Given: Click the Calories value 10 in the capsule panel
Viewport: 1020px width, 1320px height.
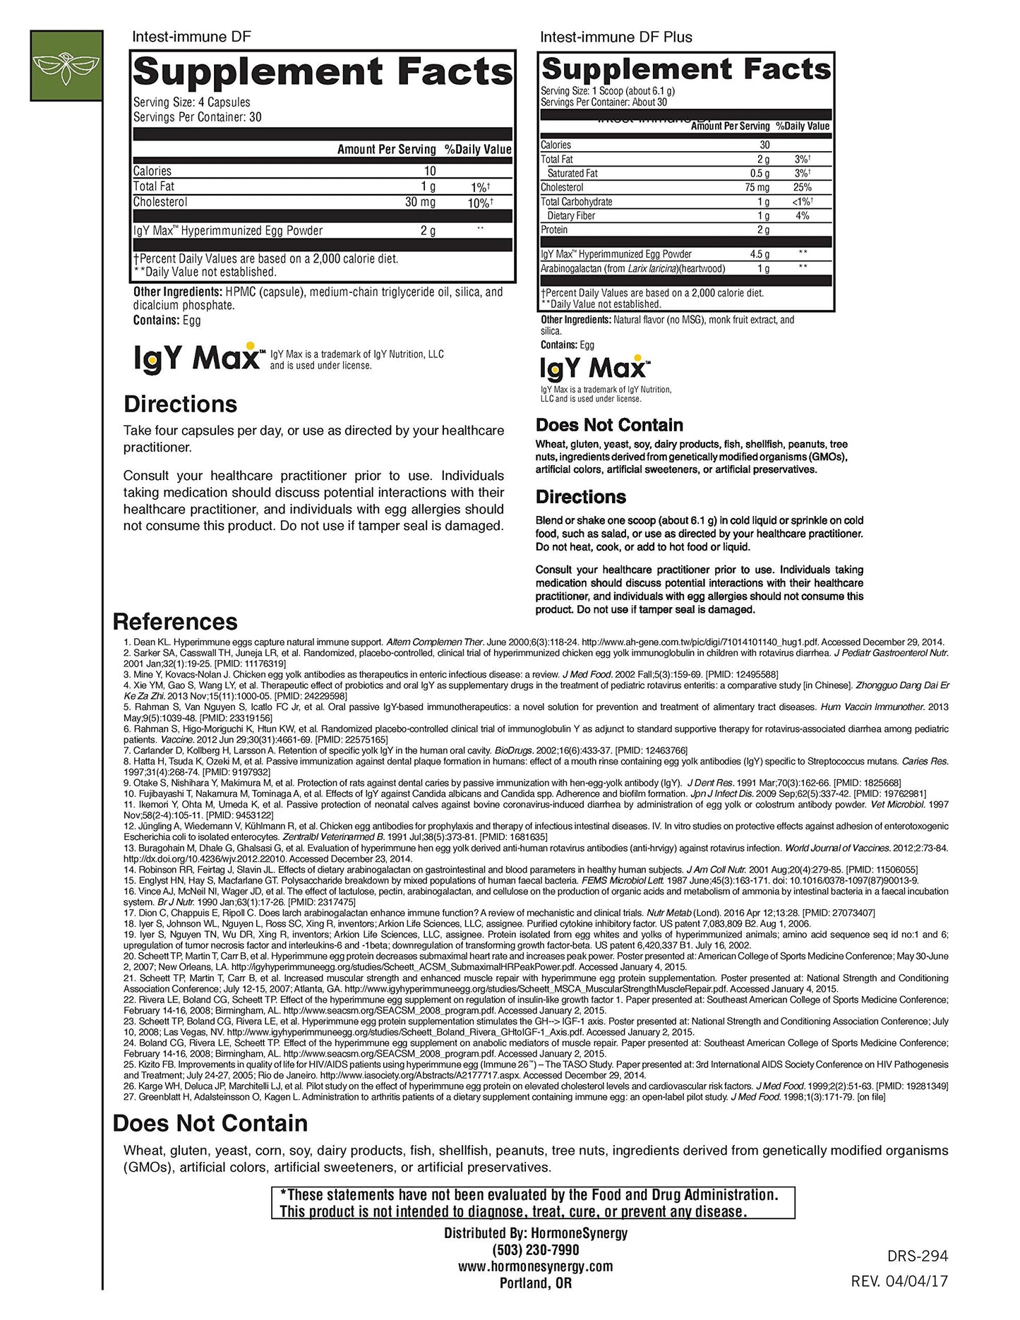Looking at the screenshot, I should pos(430,171).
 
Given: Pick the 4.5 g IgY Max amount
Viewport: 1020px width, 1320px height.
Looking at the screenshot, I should pos(760,254).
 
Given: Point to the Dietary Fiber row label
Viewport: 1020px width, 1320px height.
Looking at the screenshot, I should pos(571,216).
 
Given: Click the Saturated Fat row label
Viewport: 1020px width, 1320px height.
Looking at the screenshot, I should pos(572,174).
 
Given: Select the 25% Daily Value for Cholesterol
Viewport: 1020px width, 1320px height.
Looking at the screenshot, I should pos(803,188).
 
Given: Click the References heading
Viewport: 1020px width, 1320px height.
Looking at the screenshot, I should pos(175,622).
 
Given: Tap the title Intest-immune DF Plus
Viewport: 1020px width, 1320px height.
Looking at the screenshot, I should pos(616,37).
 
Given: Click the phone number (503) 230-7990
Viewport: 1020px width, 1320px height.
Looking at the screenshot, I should pos(535,1250).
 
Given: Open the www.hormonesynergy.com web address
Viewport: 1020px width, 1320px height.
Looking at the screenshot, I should pos(535,1266).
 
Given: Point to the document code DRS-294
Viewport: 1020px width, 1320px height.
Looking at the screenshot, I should pos(917,1256).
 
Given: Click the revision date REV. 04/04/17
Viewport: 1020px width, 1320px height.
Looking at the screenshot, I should pos(899,1281).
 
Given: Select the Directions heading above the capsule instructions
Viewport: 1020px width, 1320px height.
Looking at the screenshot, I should pos(180,404).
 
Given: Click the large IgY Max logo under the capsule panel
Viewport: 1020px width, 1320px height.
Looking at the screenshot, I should pos(198,359).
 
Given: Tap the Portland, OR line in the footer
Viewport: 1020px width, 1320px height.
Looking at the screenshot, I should pos(535,1283).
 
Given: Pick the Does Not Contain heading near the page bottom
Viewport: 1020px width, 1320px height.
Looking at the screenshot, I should pos(210,1124).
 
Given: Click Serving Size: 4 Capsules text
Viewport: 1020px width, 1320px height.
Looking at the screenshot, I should pos(191,102).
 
